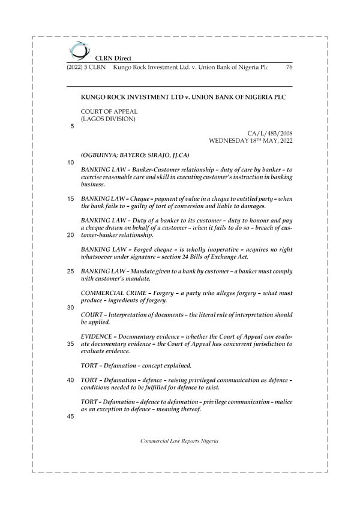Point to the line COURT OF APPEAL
coord(109,111)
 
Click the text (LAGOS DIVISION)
coord(108,118)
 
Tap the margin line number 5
coord(72,127)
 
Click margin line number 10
coord(71,162)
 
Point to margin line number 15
coord(71,198)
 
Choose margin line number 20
coord(71,235)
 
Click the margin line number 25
coord(71,271)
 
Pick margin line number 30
coord(71,308)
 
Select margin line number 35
coord(71,344)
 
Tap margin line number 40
coord(71,380)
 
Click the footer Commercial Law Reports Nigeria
coord(179,441)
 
